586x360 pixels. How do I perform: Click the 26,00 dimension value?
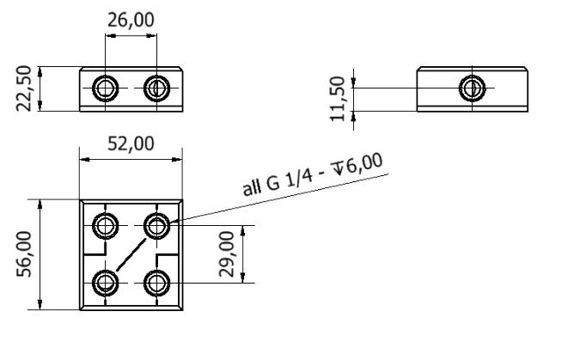pyautogui.click(x=131, y=20)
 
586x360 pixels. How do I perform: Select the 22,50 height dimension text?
pyautogui.click(x=24, y=88)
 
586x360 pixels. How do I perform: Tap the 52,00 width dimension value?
pyautogui.click(x=131, y=144)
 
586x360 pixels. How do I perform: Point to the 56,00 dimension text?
pyautogui.click(x=24, y=254)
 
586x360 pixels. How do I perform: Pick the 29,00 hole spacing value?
pyautogui.click(x=227, y=254)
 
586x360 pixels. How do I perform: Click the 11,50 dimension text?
pyautogui.click(x=337, y=99)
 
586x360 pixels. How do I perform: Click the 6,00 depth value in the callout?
pyautogui.click(x=363, y=163)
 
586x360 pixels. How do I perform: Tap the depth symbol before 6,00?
pyautogui.click(x=339, y=168)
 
